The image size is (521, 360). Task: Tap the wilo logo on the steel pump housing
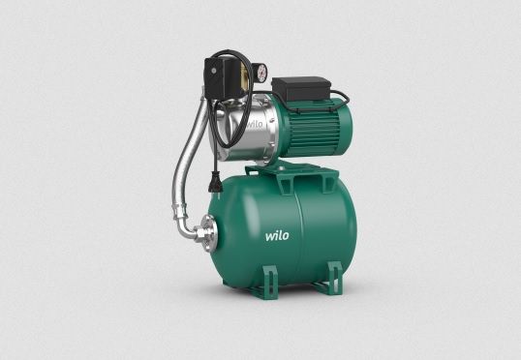pyautogui.click(x=253, y=125)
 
